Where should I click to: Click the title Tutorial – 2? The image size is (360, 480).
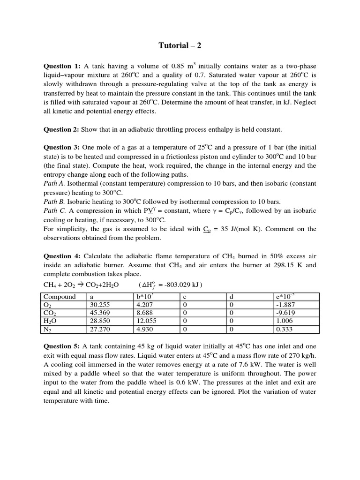tap(180, 45)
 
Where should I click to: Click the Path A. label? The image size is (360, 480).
tap(55, 183)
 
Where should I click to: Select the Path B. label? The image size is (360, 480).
tap(55, 202)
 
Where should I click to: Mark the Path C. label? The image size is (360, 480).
tap(55, 210)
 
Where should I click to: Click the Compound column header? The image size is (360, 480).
tap(60, 297)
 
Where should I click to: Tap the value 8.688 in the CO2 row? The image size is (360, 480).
tap(143, 313)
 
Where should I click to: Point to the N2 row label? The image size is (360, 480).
tap(48, 330)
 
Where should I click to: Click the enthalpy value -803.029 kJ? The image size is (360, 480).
tap(180, 285)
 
